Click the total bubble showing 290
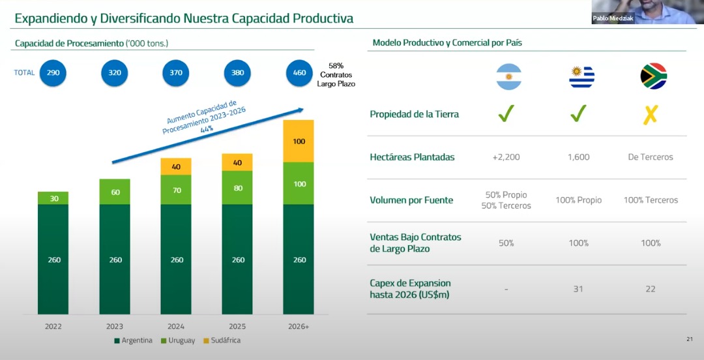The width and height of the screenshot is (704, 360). (x=53, y=72)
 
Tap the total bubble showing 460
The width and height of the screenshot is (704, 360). (x=299, y=72)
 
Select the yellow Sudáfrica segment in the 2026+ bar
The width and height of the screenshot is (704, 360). (x=299, y=141)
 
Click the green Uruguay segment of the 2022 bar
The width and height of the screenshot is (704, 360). (x=53, y=198)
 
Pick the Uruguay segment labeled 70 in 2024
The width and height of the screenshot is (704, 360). (x=176, y=190)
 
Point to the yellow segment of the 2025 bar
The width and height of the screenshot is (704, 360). (x=237, y=162)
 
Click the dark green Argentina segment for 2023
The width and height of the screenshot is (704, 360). (x=115, y=260)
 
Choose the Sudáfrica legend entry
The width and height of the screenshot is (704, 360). (x=222, y=340)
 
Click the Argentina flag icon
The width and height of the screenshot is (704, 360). (x=508, y=76)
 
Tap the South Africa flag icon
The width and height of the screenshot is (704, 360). (x=653, y=76)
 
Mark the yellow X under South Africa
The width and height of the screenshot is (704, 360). (x=651, y=115)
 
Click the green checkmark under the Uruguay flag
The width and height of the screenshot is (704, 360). (x=578, y=114)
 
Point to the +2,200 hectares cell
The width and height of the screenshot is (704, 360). (x=506, y=157)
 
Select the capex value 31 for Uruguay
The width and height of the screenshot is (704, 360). (x=578, y=289)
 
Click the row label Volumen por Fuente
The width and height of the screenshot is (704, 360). (x=411, y=200)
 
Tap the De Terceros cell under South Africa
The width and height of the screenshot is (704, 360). (x=651, y=157)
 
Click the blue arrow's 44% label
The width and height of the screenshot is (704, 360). (x=207, y=129)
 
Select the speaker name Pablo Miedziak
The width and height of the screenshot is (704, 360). (x=612, y=19)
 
